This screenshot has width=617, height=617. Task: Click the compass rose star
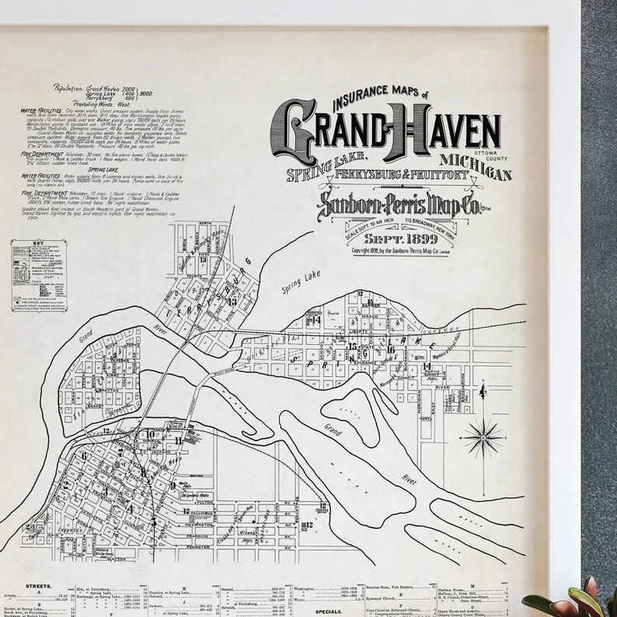click(483, 437)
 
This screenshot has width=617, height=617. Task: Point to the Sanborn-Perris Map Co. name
click(396, 204)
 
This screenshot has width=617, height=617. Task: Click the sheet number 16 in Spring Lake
click(389, 349)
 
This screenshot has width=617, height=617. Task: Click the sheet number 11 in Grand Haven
click(178, 441)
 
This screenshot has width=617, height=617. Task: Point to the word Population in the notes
click(68, 89)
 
